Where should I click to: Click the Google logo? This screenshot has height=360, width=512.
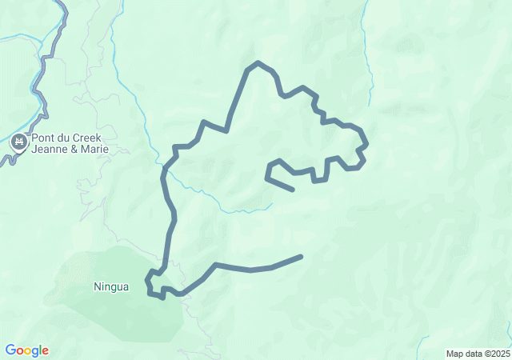pos(26,350)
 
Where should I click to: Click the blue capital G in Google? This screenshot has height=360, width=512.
pos(10,350)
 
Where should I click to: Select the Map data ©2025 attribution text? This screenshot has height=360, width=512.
pos(478,354)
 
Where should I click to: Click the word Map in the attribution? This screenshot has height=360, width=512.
pos(454,354)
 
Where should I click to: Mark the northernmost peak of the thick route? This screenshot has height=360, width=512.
pos(257,62)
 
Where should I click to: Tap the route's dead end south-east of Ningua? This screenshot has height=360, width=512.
pos(301,257)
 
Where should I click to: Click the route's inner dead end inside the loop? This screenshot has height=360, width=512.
pos(293,190)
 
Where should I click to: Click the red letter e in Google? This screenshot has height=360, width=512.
pos(45,350)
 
